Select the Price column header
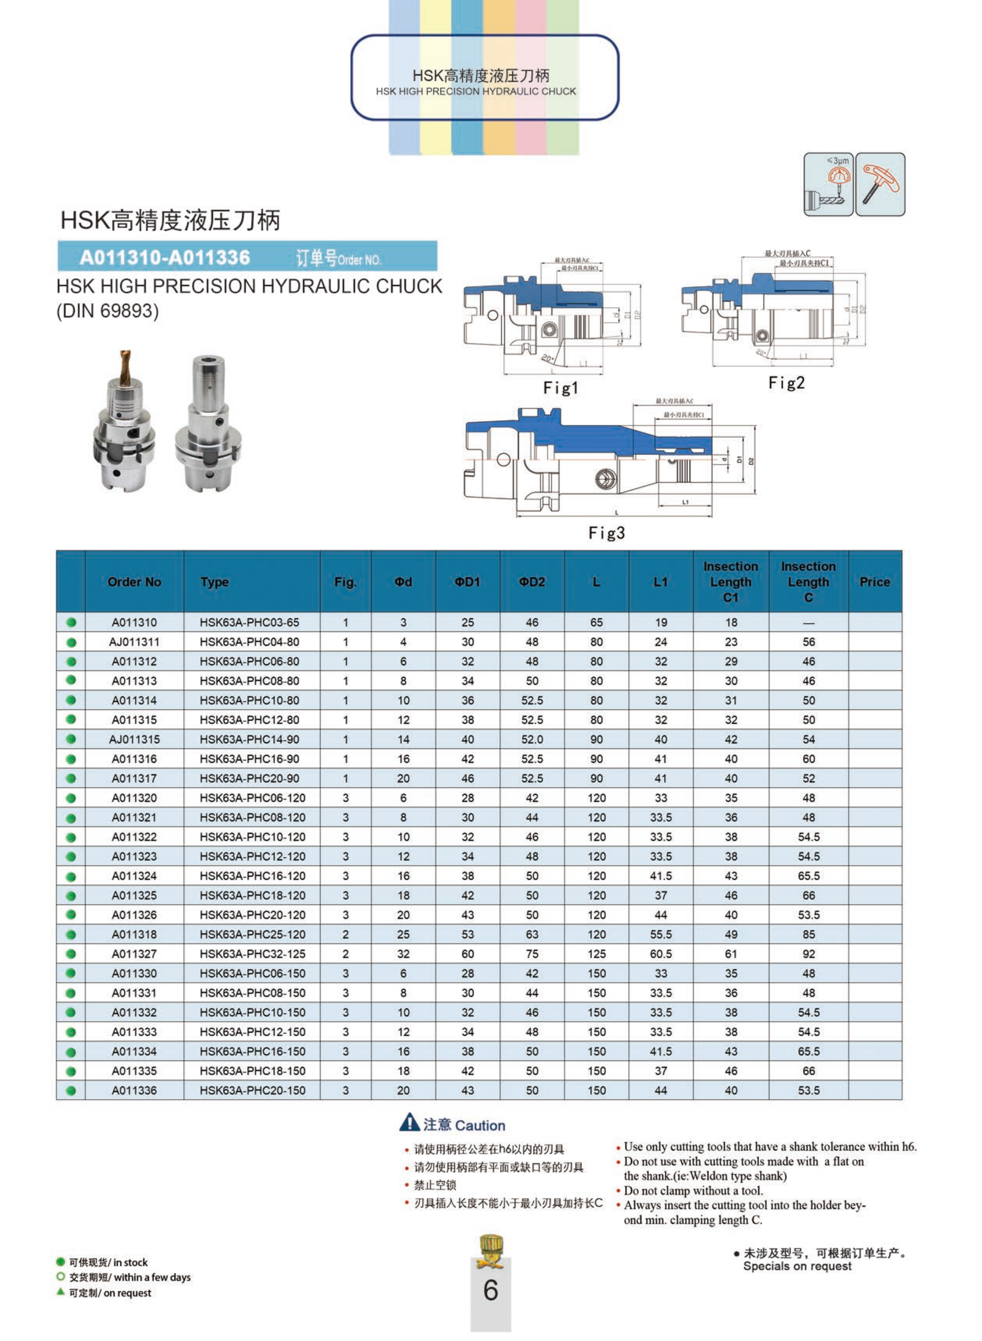(x=874, y=582)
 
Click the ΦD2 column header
(x=532, y=582)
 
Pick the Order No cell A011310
(x=134, y=622)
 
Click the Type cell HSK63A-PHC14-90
(x=250, y=739)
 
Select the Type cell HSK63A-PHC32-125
(x=252, y=954)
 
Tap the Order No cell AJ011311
(x=134, y=642)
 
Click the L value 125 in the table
(x=596, y=954)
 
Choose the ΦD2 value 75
(x=532, y=954)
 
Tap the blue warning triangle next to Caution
(x=410, y=1122)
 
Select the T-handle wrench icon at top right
(x=880, y=184)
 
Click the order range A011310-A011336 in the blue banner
(x=165, y=257)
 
